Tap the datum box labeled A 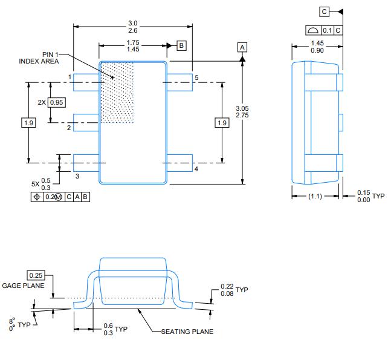coord(242,47)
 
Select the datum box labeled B coord(181,45)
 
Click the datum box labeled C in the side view coord(325,11)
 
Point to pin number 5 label coord(196,77)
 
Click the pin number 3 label coord(77,176)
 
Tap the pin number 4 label coord(196,169)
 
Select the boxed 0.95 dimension coord(56,102)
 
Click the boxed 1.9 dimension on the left coord(28,123)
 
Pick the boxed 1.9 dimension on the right coord(222,123)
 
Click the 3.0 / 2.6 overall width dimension coord(132,27)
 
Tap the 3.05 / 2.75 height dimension coord(242,111)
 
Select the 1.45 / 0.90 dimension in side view coord(317,47)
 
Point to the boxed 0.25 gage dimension coord(36,275)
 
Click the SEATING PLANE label coord(187,331)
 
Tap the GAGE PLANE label coord(23,286)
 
